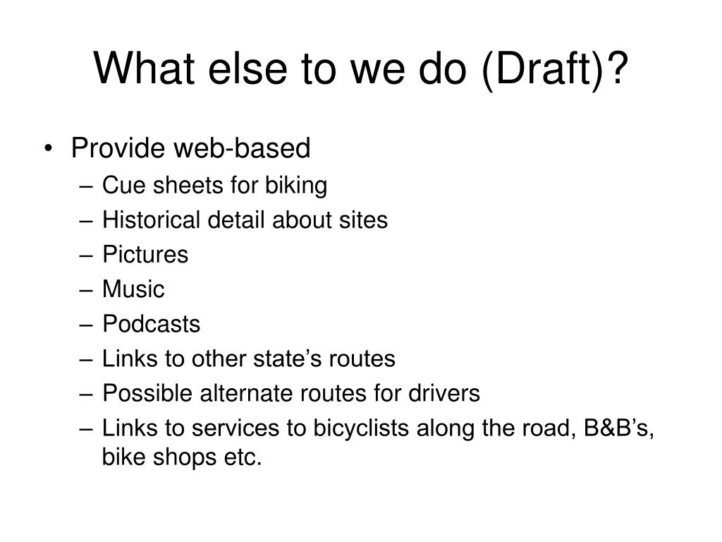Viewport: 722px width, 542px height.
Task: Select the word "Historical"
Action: tap(152, 220)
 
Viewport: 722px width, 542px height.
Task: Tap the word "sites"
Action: tap(365, 220)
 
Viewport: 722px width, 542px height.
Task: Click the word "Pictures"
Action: tap(145, 255)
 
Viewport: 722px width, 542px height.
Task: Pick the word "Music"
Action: tap(133, 289)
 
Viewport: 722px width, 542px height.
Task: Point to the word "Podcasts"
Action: tap(151, 324)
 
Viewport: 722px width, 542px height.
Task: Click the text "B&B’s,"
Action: tap(620, 428)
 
